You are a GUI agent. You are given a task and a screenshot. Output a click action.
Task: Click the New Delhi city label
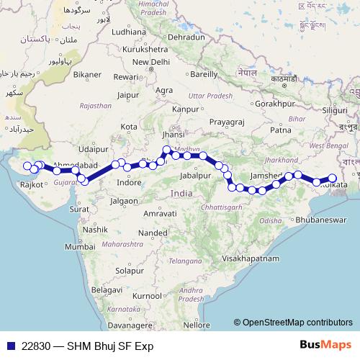pyautogui.click(x=150, y=62)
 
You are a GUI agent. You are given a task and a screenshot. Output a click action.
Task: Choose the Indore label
pyautogui.click(x=129, y=183)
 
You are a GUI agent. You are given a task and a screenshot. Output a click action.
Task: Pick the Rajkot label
pyautogui.click(x=32, y=185)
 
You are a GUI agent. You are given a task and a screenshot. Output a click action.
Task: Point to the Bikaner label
pyautogui.click(x=87, y=74)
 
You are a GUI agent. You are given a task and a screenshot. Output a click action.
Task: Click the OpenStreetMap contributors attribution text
pyautogui.click(x=297, y=323)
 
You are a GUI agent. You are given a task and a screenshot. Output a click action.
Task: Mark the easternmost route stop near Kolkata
pyautogui.click(x=333, y=178)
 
